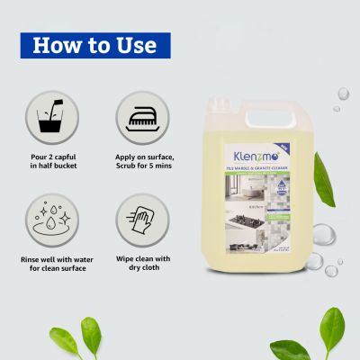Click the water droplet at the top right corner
point(343,93)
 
